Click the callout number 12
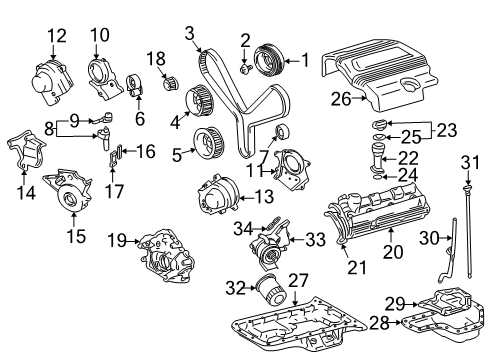[x=56, y=36]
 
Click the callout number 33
[x=316, y=239]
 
